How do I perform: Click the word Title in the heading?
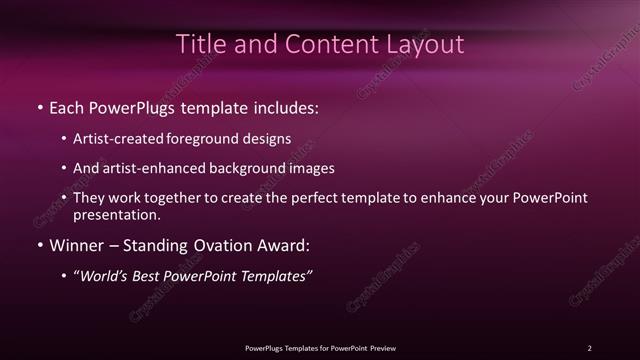click(x=198, y=45)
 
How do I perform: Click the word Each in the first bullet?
click(x=67, y=106)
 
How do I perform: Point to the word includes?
click(x=284, y=106)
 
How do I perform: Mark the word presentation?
click(x=116, y=214)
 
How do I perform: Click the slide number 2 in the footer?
click(x=589, y=348)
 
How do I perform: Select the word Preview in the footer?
click(x=381, y=348)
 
